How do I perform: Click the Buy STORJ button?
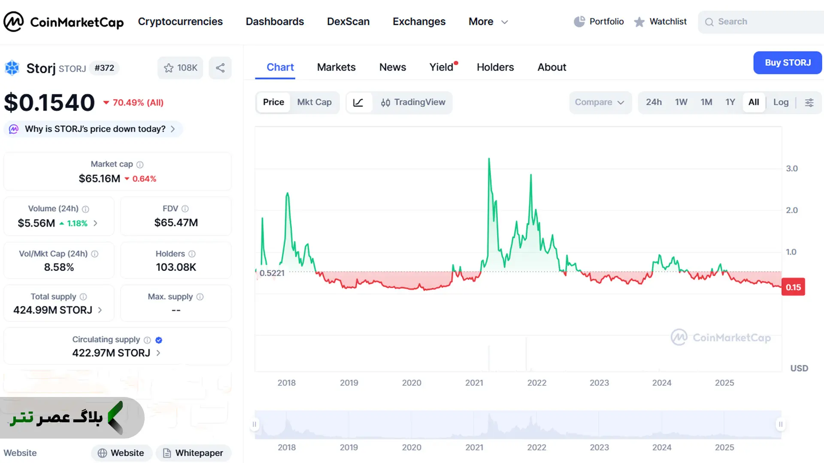click(x=788, y=63)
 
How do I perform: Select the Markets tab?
click(x=336, y=67)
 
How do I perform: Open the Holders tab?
click(x=495, y=67)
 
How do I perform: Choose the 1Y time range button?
click(x=730, y=102)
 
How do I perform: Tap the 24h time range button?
click(x=654, y=102)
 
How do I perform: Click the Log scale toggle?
click(x=781, y=102)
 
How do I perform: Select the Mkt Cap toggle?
click(x=314, y=102)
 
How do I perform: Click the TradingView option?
click(x=413, y=102)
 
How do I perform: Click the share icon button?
click(x=220, y=68)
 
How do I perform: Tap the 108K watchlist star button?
click(x=180, y=68)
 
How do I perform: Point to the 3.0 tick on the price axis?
click(x=792, y=168)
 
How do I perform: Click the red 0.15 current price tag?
click(x=793, y=287)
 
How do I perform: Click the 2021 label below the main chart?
click(x=474, y=383)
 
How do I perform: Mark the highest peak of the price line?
click(x=489, y=159)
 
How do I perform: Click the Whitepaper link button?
click(x=194, y=453)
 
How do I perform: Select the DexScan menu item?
click(x=348, y=21)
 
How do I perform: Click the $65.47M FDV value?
click(x=176, y=222)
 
